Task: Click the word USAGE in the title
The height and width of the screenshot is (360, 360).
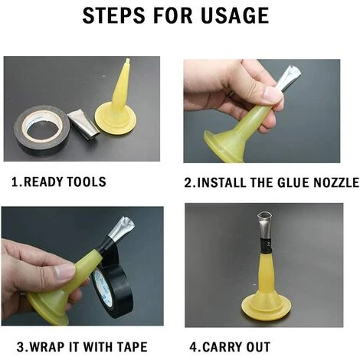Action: click(235, 15)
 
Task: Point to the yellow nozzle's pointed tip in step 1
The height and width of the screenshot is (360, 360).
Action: click(128, 61)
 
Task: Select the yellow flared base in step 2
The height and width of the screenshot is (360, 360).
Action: click(224, 147)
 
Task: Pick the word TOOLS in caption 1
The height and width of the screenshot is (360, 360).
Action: click(87, 182)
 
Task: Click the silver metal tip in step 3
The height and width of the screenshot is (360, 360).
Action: click(120, 228)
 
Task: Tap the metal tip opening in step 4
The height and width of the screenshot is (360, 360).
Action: click(265, 215)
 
